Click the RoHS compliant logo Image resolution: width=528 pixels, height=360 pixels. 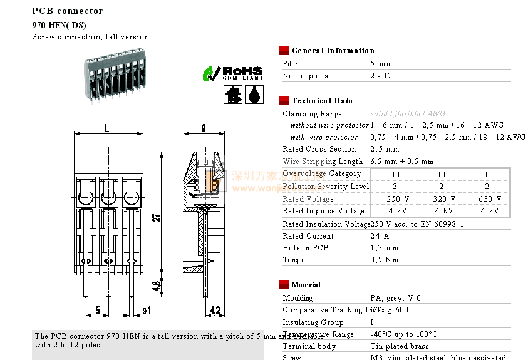point(232,73)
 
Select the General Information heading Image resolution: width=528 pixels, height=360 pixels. point(333,51)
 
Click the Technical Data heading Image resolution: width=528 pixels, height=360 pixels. point(322,101)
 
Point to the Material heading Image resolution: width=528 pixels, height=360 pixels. point(306,285)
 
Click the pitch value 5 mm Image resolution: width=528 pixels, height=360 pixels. point(381,64)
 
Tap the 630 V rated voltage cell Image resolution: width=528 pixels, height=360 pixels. point(489,198)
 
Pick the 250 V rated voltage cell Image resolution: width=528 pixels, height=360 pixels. point(395,198)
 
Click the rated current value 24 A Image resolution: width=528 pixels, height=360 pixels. point(380,236)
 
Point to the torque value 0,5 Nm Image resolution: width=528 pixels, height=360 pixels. point(384,260)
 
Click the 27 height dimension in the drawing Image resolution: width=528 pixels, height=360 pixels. point(158,217)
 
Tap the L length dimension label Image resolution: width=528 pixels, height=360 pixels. point(108,128)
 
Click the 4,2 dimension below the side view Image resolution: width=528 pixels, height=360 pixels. point(214,311)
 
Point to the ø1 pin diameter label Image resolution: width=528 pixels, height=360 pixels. point(146,311)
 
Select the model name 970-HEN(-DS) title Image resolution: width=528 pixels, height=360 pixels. point(59,25)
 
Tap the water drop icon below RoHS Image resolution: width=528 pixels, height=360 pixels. point(254,94)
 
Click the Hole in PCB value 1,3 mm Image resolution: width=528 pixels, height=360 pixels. point(384,248)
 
